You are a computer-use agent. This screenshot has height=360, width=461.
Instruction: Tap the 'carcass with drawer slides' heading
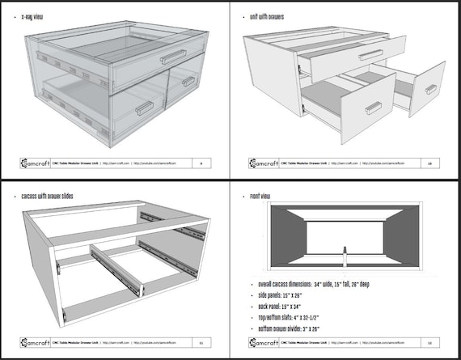53,194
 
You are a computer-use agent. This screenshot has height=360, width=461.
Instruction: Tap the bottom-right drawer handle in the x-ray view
188,81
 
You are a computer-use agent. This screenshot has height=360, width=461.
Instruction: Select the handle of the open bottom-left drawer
373,107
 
